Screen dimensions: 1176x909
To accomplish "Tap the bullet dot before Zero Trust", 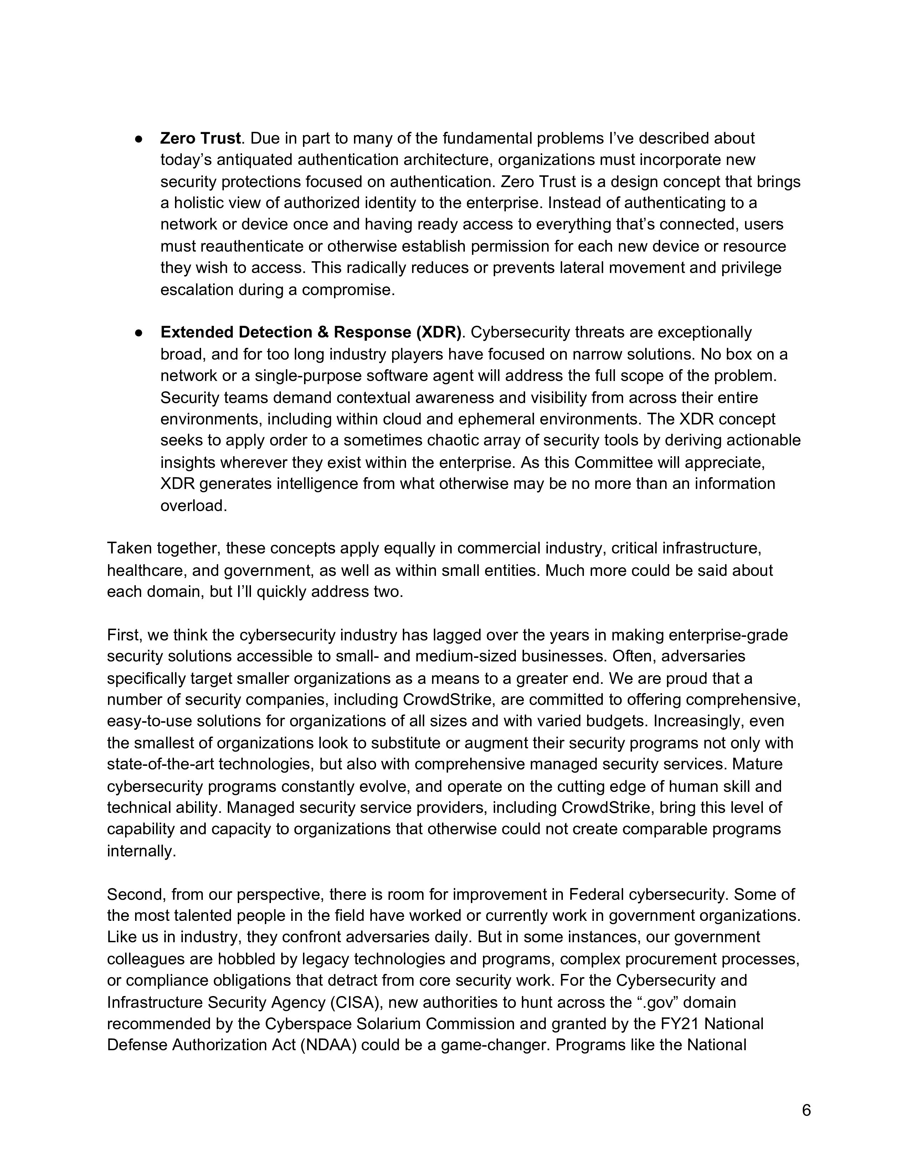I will pyautogui.click(x=138, y=139).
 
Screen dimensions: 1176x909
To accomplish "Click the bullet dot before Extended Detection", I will pyautogui.click(x=138, y=333).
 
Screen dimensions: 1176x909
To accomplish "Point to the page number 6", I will pyautogui.click(x=806, y=1110).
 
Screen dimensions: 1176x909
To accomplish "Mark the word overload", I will pyautogui.click(x=193, y=506).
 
